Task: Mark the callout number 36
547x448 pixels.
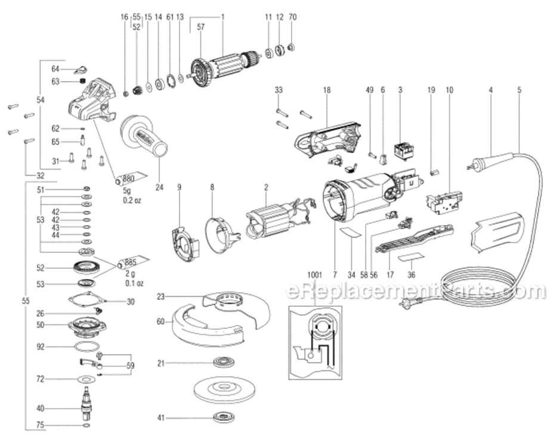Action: click(411, 275)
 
